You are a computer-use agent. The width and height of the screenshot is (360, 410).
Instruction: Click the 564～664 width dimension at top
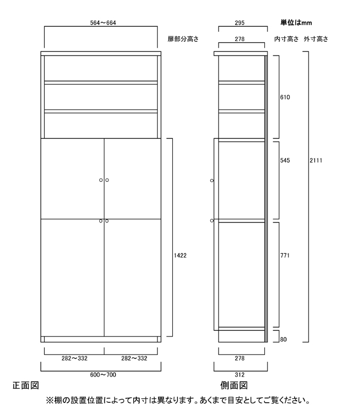click(103, 23)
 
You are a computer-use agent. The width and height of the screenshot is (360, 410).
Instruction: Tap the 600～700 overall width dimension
click(103, 375)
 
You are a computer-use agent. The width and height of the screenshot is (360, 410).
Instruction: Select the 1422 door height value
click(180, 255)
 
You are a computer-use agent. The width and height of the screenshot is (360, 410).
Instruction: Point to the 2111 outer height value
click(316, 160)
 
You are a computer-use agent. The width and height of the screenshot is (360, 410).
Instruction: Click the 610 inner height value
click(285, 97)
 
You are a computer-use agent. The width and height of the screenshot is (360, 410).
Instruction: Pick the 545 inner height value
click(285, 160)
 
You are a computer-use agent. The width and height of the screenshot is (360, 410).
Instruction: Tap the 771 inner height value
click(285, 255)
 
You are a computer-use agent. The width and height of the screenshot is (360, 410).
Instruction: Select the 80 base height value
click(283, 340)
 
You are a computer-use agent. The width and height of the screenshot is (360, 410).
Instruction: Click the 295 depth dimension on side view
click(240, 23)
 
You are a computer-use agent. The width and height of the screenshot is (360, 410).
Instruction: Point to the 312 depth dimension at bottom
click(240, 375)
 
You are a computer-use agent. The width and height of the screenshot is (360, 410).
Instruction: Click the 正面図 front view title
click(26, 385)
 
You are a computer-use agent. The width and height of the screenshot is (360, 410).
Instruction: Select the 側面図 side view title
click(234, 385)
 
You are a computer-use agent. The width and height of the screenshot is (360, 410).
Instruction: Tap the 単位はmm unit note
click(296, 23)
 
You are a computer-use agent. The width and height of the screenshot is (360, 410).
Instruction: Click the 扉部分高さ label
click(183, 39)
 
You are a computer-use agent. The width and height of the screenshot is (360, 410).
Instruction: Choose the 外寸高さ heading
click(316, 39)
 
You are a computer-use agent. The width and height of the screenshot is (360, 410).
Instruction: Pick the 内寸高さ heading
click(286, 39)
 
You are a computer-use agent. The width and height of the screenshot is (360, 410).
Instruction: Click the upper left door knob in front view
click(101, 180)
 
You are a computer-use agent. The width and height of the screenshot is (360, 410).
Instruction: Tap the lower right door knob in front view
click(107, 221)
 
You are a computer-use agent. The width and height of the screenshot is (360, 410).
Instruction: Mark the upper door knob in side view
click(212, 180)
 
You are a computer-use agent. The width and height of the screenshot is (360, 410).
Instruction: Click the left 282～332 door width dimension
click(75, 358)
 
